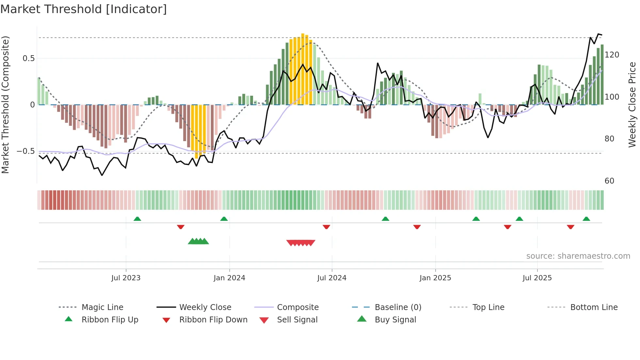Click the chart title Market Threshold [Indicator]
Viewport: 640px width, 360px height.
pyautogui.click(x=84, y=9)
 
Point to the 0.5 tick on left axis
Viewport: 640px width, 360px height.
pyautogui.click(x=28, y=58)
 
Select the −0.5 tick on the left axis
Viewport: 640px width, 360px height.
pyautogui.click(x=26, y=151)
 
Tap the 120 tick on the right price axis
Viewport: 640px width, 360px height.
pyautogui.click(x=612, y=55)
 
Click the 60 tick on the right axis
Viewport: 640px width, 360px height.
pyautogui.click(x=609, y=181)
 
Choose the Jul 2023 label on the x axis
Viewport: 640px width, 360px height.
pyautogui.click(x=126, y=278)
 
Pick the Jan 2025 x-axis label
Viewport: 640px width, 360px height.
pyautogui.click(x=435, y=278)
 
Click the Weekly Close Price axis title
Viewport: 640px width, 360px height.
pyautogui.click(x=632, y=105)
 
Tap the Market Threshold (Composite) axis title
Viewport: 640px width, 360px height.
pyautogui.click(x=5, y=105)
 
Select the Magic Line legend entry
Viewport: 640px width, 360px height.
pyautogui.click(x=102, y=307)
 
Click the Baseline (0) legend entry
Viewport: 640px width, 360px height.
pyautogui.click(x=398, y=307)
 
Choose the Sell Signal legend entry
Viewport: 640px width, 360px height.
pyautogui.click(x=297, y=320)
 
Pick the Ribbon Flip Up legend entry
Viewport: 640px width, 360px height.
pyautogui.click(x=110, y=320)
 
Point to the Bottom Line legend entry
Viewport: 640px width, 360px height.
pyautogui.click(x=594, y=307)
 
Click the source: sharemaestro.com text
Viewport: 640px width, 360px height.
pyautogui.click(x=578, y=256)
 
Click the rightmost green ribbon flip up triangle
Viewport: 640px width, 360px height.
pyautogui.click(x=586, y=219)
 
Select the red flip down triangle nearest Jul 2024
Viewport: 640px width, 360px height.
pyautogui.click(x=326, y=227)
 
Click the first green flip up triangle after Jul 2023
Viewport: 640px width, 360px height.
pyautogui.click(x=137, y=219)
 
